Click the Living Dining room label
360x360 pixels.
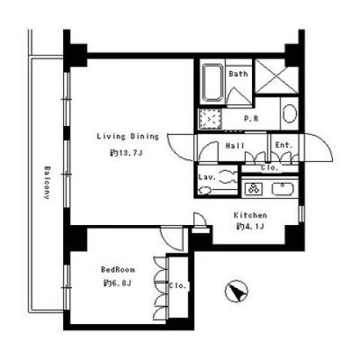(127, 136)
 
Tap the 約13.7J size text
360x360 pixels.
(126, 153)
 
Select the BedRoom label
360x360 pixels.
(118, 269)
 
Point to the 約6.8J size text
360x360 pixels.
(118, 283)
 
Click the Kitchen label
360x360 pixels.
(250, 215)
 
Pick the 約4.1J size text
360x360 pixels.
(250, 226)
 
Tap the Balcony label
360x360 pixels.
(47, 182)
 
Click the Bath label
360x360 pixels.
(238, 73)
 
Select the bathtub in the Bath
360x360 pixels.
(212, 83)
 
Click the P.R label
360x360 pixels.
(251, 118)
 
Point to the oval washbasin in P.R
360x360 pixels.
(289, 113)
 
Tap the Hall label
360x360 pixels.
(235, 145)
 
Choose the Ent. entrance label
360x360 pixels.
(283, 145)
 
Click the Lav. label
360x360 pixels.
(207, 177)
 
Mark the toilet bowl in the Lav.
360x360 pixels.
(205, 190)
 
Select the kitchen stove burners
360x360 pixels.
(253, 189)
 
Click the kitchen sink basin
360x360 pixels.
(283, 189)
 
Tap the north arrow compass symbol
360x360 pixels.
(236, 291)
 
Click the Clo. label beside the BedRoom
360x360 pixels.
(178, 286)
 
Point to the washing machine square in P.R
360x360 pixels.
(210, 118)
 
